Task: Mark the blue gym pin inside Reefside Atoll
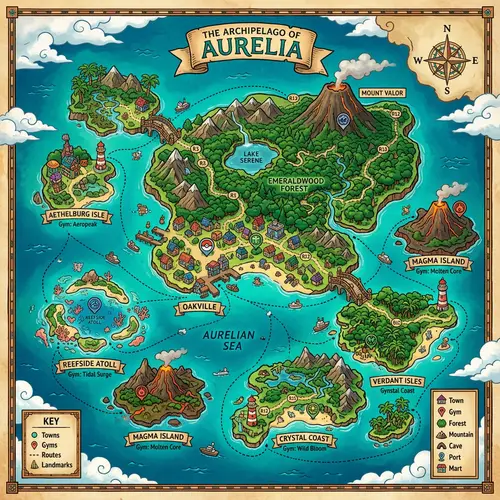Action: point(93,303)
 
